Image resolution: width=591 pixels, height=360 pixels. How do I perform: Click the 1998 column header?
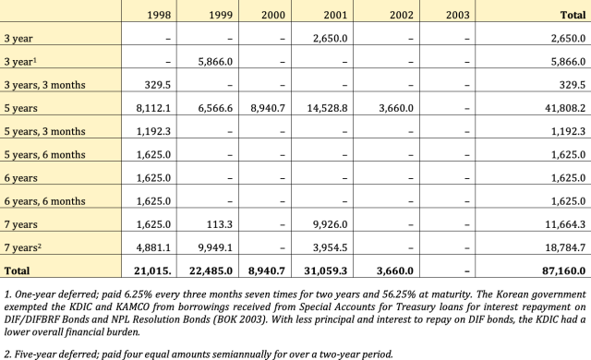157,15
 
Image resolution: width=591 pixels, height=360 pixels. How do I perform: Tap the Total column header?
569,15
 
